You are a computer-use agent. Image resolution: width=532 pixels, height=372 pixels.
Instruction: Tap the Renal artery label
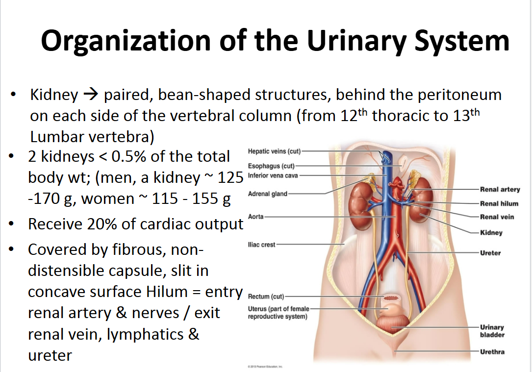click(x=500, y=189)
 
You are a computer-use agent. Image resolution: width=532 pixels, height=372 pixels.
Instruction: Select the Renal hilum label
click(x=499, y=203)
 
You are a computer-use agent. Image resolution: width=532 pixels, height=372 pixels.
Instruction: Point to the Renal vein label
click(x=497, y=217)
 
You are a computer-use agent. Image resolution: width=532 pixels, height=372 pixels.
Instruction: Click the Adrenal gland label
click(x=268, y=194)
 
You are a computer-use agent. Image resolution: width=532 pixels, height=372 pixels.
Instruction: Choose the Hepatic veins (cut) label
click(x=274, y=151)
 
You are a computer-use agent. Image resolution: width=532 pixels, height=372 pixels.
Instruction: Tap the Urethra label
click(x=492, y=351)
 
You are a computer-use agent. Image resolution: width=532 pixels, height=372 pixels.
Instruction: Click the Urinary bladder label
click(x=492, y=331)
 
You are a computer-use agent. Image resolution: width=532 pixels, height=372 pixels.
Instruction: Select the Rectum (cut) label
click(x=266, y=297)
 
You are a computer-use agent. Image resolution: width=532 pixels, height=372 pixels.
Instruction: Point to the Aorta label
click(x=256, y=216)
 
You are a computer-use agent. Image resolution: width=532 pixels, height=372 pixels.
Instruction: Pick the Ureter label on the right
click(x=490, y=253)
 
